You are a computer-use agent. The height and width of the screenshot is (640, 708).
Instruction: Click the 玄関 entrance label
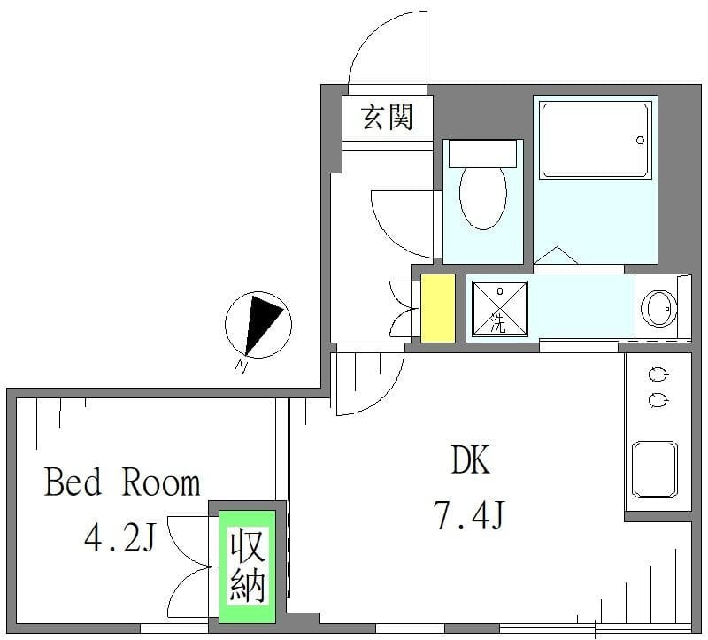pos(388,116)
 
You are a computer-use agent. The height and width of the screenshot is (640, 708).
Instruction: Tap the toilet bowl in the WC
pos(482,196)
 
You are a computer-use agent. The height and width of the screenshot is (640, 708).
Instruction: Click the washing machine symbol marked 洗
pos(498,308)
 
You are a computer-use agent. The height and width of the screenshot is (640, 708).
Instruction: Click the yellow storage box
pos(437,308)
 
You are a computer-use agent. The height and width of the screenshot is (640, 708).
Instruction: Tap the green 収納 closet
pos(247,565)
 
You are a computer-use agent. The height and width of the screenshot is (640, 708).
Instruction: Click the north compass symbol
pos(258,323)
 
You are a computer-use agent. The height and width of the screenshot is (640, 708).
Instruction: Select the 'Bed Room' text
pos(122,483)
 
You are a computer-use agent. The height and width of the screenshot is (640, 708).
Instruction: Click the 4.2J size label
pos(122,536)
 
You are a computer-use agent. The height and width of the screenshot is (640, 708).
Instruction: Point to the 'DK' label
pos(470,461)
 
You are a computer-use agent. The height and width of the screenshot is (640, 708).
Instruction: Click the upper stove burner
pos(658,373)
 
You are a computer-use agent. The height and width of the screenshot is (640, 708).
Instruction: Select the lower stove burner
pos(658,400)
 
